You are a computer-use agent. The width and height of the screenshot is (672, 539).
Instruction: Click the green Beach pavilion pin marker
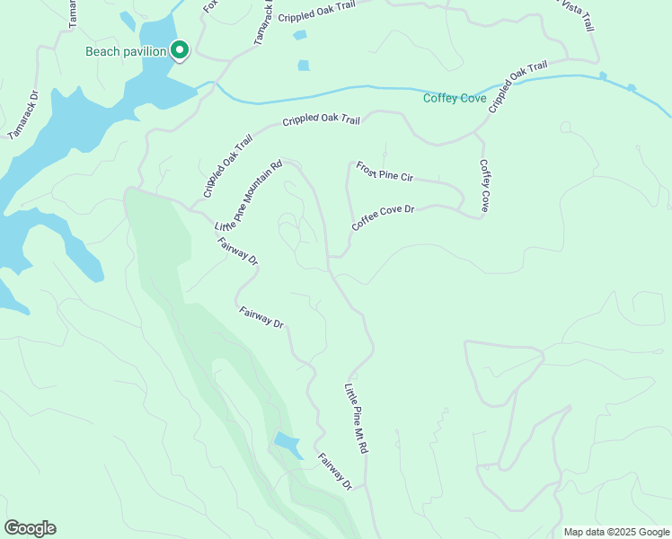pyautogui.click(x=180, y=50)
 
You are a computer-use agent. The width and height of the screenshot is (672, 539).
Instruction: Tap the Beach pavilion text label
pyautogui.click(x=126, y=51)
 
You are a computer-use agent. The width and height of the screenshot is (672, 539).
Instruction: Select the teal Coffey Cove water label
pyautogui.click(x=455, y=98)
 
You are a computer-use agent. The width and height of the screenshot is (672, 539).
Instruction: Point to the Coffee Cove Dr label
pyautogui.click(x=383, y=218)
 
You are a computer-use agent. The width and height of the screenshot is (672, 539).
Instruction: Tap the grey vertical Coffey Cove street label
pyautogui.click(x=484, y=186)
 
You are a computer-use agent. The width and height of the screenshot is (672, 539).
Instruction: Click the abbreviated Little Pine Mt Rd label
pyautogui.click(x=357, y=420)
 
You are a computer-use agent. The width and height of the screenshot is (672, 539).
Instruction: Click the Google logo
pyautogui.click(x=30, y=528)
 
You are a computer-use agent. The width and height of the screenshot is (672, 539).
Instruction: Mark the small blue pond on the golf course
pyautogui.click(x=287, y=442)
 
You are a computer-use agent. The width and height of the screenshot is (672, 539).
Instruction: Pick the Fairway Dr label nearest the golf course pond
pyautogui.click(x=332, y=471)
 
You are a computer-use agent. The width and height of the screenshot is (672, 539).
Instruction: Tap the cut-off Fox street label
pyautogui.click(x=211, y=7)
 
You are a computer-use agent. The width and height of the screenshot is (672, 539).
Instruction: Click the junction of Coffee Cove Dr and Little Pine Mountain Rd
pyautogui.click(x=330, y=258)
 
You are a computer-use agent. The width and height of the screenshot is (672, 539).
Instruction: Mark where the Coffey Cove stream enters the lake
pyautogui.click(x=201, y=87)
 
